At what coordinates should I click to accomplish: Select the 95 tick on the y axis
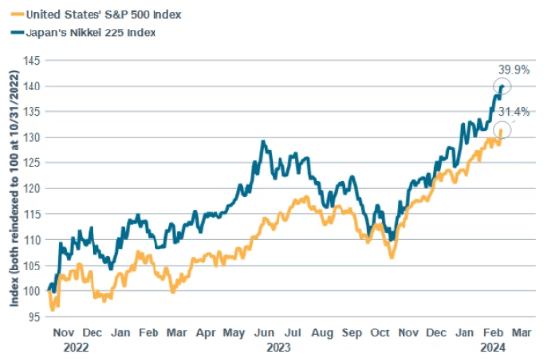(33, 316)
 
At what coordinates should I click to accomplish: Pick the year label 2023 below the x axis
(279, 347)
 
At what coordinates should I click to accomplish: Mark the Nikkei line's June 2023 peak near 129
(263, 142)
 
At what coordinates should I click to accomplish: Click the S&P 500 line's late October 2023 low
(391, 258)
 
